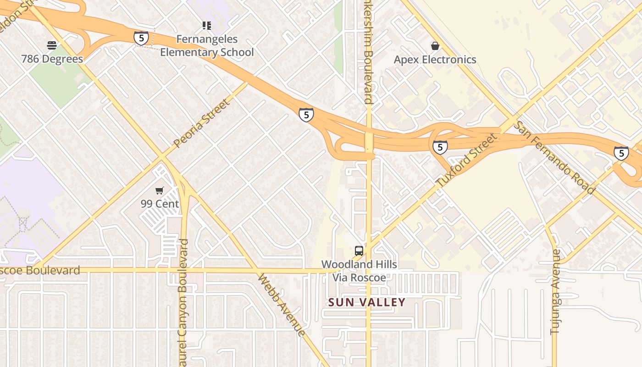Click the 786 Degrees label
[x=52, y=59]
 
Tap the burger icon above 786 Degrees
[x=52, y=45]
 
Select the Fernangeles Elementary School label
[x=206, y=46]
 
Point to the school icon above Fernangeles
[x=207, y=26]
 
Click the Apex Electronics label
[x=435, y=60]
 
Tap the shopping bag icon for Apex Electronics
[x=435, y=46]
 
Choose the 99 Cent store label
[x=160, y=204]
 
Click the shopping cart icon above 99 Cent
[x=160, y=190]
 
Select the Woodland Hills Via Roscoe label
[x=359, y=271]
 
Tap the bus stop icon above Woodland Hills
[x=359, y=251]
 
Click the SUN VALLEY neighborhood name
[x=367, y=302]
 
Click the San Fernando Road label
[x=553, y=157]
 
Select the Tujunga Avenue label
[x=555, y=292]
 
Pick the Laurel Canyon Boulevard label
[x=183, y=303]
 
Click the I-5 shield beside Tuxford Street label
[x=440, y=147]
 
